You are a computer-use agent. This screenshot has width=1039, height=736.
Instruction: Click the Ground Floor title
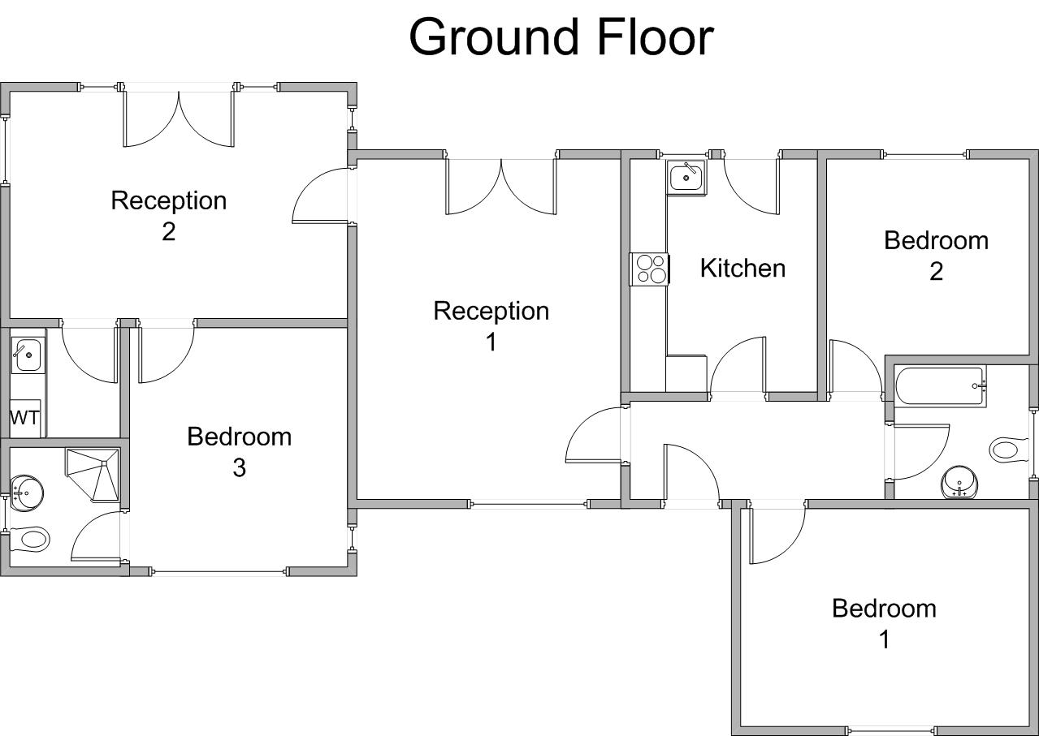pyautogui.click(x=561, y=37)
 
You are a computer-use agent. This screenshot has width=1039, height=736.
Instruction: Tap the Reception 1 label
pyautogui.click(x=491, y=325)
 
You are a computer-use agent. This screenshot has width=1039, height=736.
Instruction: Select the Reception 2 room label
pyautogui.click(x=168, y=215)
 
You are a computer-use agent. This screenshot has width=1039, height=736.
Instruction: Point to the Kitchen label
pyautogui.click(x=742, y=268)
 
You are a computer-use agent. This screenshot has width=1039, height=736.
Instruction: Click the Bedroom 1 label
pyautogui.click(x=884, y=623)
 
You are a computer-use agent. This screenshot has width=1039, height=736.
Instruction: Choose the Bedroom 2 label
pyautogui.click(x=936, y=255)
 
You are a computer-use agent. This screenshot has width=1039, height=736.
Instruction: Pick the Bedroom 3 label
pyautogui.click(x=239, y=451)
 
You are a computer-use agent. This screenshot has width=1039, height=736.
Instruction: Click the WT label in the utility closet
pyautogui.click(x=24, y=419)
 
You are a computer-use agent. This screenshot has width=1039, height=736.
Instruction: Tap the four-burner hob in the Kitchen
pyautogui.click(x=650, y=269)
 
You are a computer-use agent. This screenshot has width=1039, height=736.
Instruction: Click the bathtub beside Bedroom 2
pyautogui.click(x=940, y=386)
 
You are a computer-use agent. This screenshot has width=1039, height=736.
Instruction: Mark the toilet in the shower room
pyautogui.click(x=31, y=538)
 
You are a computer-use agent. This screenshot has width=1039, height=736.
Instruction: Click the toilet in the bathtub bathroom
pyautogui.click(x=1007, y=450)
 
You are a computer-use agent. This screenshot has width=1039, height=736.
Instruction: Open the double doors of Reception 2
pyautogui.click(x=179, y=118)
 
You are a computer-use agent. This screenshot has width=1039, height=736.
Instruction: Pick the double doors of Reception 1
pyautogui.click(x=501, y=187)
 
